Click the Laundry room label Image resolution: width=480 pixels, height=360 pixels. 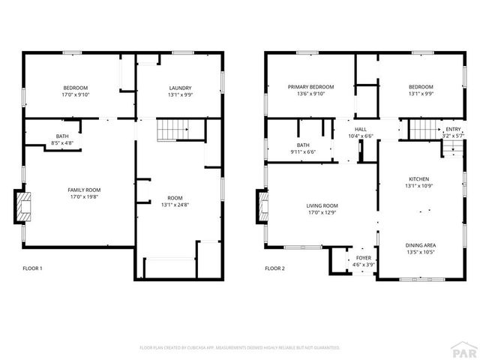point(179,88)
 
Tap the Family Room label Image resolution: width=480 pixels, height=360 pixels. point(84,190)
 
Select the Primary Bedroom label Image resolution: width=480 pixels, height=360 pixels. point(310,87)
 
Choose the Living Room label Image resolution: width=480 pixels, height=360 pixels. point(322,205)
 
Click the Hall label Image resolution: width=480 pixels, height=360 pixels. point(361,130)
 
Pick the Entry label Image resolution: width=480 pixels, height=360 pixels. point(453,130)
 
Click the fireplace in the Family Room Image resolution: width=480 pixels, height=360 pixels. point(25,206)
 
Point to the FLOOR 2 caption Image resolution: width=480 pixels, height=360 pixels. point(275,268)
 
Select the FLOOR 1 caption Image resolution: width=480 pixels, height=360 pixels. point(33,268)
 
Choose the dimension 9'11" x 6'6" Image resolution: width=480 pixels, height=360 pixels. point(303,151)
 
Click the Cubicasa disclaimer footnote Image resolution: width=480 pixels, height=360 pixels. point(240,348)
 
